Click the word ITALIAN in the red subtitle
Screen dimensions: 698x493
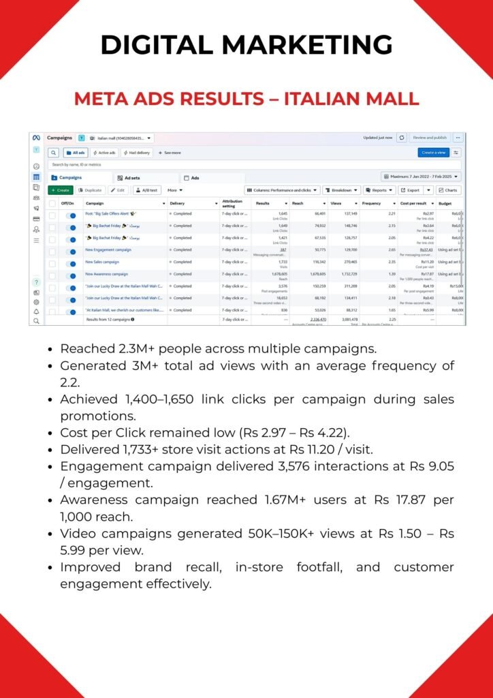coord(322,98)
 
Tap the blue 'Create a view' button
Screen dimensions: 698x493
coord(434,153)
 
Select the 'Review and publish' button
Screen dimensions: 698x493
coord(429,138)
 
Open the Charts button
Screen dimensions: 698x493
coord(448,190)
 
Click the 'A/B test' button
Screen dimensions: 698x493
coord(147,190)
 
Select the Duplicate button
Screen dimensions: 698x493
coord(91,190)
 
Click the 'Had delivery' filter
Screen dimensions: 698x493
coord(137,153)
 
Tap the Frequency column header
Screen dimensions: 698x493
coord(372,203)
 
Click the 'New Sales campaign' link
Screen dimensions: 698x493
coord(102,262)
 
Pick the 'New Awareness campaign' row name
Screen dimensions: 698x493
coord(106,274)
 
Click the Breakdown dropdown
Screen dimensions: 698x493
coord(341,190)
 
